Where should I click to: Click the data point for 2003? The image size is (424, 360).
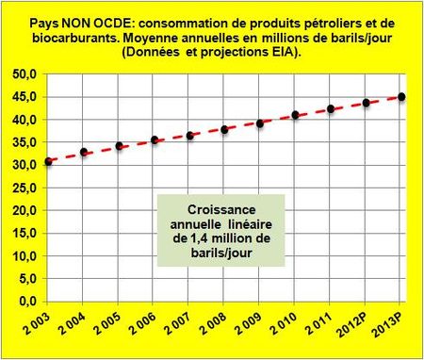click(48, 162)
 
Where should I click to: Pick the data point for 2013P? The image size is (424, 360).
click(401, 96)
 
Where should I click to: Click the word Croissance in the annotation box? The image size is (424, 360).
click(214, 209)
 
